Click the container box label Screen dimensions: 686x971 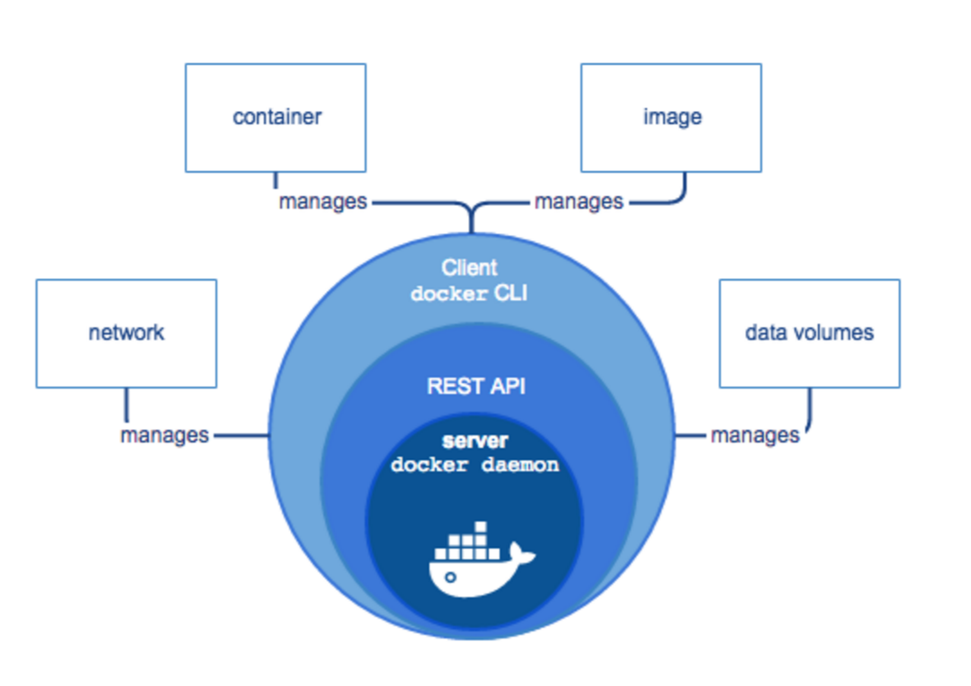(x=277, y=117)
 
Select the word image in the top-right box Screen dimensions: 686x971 (x=672, y=117)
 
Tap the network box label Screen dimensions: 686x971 (x=126, y=332)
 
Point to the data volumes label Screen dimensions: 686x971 (x=809, y=332)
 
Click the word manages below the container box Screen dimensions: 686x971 (x=323, y=202)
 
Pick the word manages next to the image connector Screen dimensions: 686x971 (x=579, y=202)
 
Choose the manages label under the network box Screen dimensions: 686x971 (x=164, y=435)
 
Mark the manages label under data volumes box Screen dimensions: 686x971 (x=755, y=435)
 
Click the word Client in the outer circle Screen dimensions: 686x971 (x=469, y=268)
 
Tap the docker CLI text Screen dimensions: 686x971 (x=469, y=293)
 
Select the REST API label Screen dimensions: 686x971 (x=476, y=386)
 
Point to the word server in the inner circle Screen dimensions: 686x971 (x=475, y=441)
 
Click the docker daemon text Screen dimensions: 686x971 (x=475, y=465)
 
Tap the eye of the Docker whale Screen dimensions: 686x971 (x=450, y=577)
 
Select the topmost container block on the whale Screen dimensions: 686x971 (x=481, y=527)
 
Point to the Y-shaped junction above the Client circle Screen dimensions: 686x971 (x=472, y=211)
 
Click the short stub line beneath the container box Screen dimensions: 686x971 (x=275, y=180)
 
